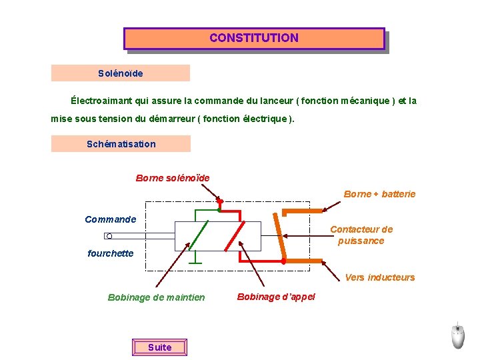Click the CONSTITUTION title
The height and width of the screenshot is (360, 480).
point(254,38)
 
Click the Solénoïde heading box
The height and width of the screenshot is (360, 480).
point(120,73)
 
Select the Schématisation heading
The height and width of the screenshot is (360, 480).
point(121,144)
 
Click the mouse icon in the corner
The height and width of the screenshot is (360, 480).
point(457,336)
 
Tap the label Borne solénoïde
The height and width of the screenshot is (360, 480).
point(173,178)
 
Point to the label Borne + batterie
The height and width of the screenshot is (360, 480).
point(379,194)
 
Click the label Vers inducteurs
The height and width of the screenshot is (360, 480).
point(380,277)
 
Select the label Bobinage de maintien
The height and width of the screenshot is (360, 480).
point(157,297)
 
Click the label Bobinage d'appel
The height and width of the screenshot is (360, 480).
point(276,297)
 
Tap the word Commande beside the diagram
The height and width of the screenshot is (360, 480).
point(111,219)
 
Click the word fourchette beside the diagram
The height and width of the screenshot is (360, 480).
point(111,253)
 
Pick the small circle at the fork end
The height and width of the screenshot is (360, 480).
point(109,236)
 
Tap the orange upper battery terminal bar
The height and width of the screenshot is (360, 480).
point(303,212)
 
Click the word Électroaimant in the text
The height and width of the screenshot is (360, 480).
point(102,101)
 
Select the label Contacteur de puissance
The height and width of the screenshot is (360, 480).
point(361,235)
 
